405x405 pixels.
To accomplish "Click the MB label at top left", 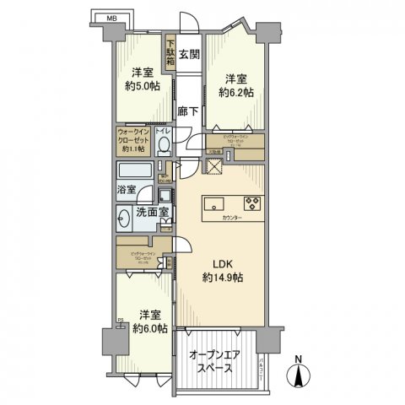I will coord(111,17).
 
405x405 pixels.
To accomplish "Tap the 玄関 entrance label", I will coord(189,56).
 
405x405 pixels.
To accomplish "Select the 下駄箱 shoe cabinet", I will coord(170,56).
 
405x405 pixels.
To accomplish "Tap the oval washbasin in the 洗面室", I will coord(126,217).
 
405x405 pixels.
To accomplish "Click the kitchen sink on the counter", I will coord(213,202).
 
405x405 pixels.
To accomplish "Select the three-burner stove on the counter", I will coord(253,202).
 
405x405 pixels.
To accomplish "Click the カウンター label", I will coord(233,219).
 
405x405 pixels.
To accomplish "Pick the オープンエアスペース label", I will coord(214,362).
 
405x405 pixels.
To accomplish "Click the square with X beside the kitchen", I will coord(214,165).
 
